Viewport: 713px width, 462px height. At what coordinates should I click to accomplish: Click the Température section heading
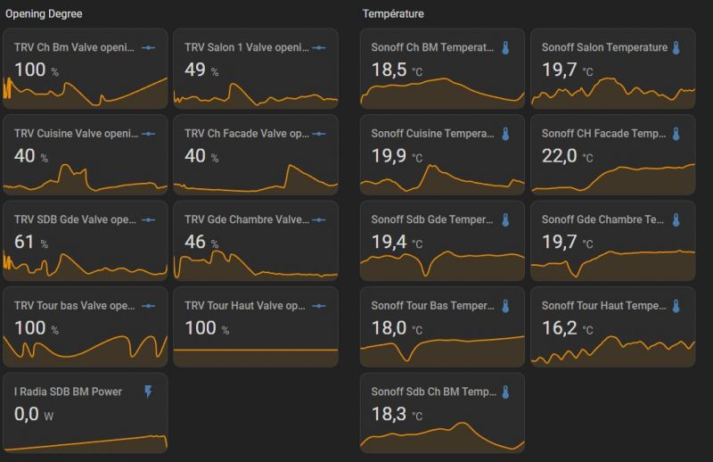coord(393,14)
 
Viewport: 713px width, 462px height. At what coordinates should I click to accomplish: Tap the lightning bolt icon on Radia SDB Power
coord(149,392)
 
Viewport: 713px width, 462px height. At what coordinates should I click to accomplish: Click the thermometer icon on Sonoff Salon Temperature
coord(676,47)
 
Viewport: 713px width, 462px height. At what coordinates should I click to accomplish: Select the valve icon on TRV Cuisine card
coord(148,134)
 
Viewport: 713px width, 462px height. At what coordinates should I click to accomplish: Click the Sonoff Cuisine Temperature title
coord(432,134)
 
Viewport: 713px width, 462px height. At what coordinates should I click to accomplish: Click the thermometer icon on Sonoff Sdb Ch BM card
coord(504,392)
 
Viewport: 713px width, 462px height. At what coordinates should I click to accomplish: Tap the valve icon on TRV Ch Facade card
coord(319,134)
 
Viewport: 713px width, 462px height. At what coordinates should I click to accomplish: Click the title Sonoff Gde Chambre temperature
coord(602,219)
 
